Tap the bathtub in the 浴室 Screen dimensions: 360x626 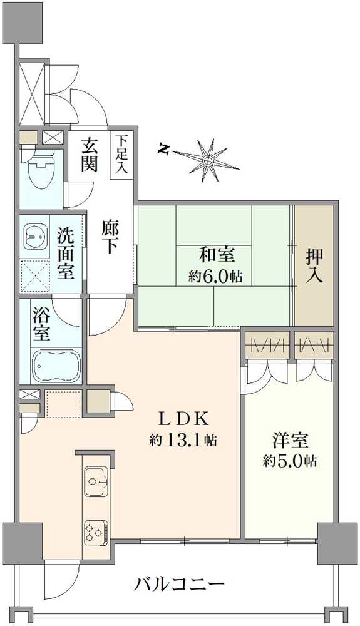[x=56, y=365]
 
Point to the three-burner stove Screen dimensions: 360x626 [x=96, y=532]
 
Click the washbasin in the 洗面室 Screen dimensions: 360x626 [x=34, y=236]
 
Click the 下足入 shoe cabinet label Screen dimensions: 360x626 [x=121, y=155]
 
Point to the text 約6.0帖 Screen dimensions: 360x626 [x=215, y=276]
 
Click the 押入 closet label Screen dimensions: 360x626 [x=314, y=267]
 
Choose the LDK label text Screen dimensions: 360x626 [x=183, y=419]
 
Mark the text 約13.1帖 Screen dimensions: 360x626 [x=183, y=440]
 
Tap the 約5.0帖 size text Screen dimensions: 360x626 [x=290, y=461]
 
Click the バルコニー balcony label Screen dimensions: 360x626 [x=179, y=586]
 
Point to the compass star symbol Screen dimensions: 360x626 [x=208, y=161]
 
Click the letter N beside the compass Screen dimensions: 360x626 [x=163, y=149]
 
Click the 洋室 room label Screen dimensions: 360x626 [x=290, y=441]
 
